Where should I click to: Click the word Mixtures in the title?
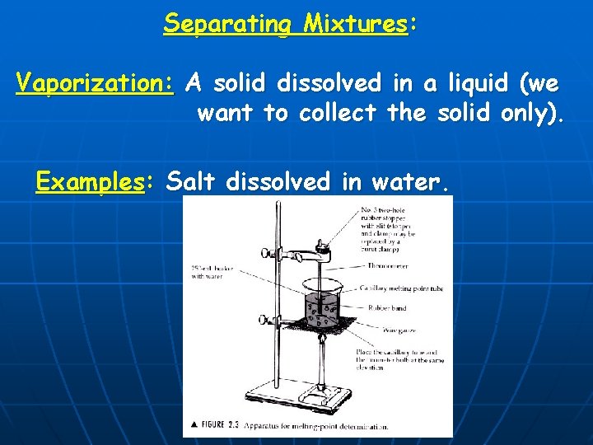(355, 23)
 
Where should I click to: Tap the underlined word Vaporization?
(95, 82)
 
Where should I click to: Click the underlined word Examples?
(90, 180)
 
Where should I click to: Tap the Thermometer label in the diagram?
(385, 265)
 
